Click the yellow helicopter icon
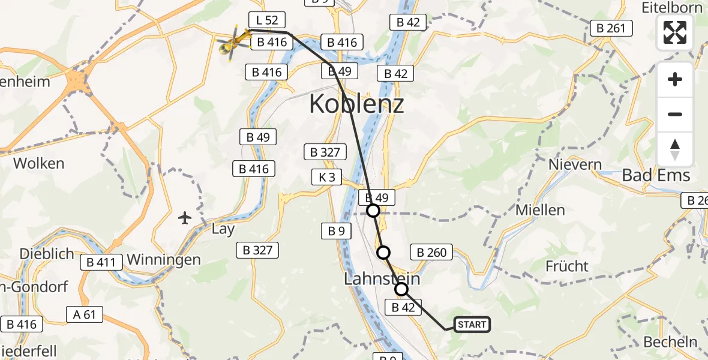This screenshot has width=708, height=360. pos(233,41)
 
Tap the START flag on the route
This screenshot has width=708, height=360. pos(472,325)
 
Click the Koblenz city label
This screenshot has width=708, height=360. pos(356,104)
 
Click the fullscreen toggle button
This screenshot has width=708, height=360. pos(675,32)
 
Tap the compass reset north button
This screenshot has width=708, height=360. pos(675,149)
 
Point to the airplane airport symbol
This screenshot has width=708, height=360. pos(185,217)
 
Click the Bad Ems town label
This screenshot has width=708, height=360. pos(656,176)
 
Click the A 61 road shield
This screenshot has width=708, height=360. pos(85,314)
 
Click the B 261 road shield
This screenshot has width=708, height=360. pos(611,28)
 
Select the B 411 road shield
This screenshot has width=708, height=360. pos(101,262)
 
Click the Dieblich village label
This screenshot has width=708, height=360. pos(47,253)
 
